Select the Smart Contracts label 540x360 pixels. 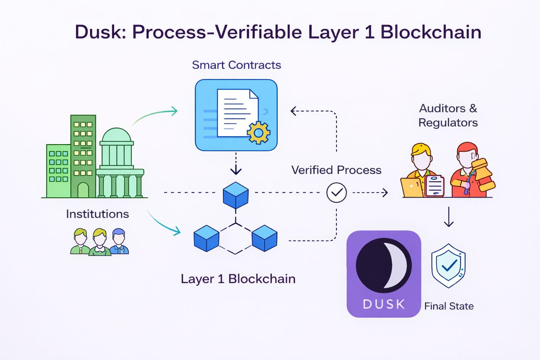(x=236, y=65)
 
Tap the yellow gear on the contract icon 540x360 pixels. (x=258, y=133)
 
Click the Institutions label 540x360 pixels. (x=97, y=214)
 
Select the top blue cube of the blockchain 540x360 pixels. (x=236, y=195)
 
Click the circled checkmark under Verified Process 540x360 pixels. (x=336, y=193)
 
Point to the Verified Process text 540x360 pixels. (x=336, y=170)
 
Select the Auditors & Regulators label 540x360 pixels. (x=448, y=115)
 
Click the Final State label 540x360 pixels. (x=449, y=306)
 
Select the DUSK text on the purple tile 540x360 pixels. (x=384, y=304)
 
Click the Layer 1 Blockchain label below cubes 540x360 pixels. (x=238, y=279)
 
